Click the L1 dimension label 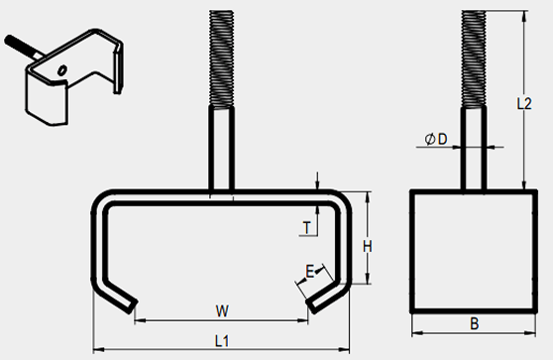[222, 341]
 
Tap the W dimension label [222, 311]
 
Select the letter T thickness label [307, 228]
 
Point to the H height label [368, 246]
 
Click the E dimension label [309, 272]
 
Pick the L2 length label [523, 104]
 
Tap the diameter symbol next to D [429, 140]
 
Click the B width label [475, 323]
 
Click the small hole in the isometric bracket [62, 70]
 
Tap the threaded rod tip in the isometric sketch [8, 40]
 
